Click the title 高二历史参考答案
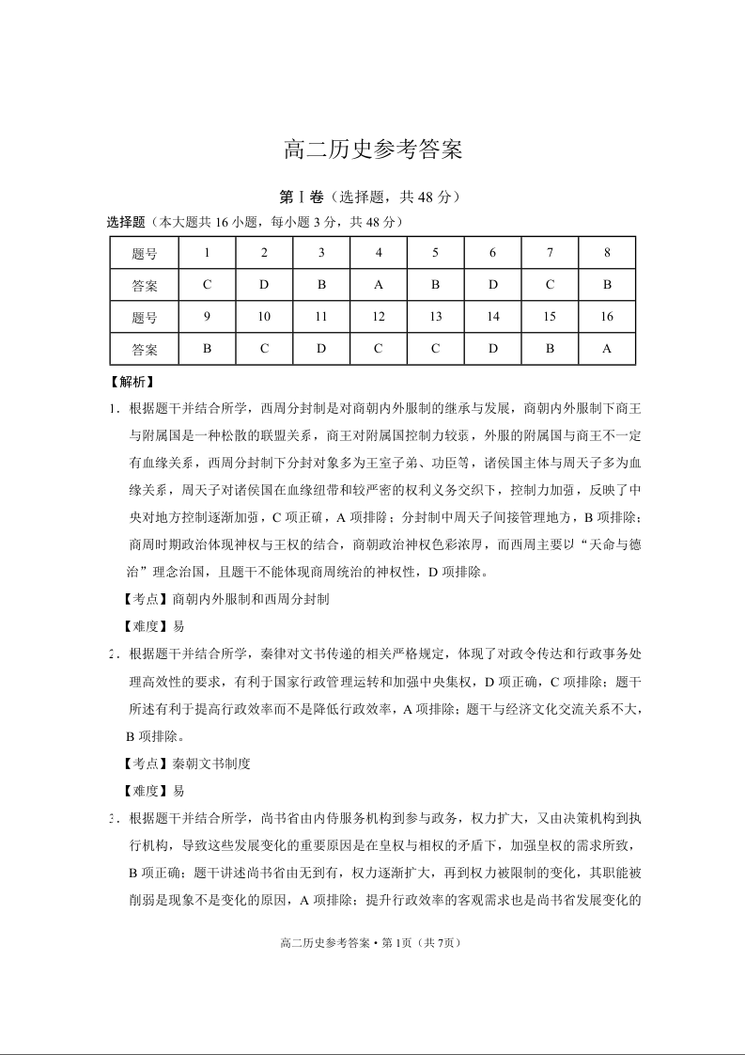(x=373, y=150)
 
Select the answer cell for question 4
(x=379, y=284)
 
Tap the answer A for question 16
(x=607, y=349)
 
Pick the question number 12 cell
(x=379, y=317)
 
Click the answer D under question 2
(x=264, y=284)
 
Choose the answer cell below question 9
(x=207, y=349)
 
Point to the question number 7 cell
(x=550, y=252)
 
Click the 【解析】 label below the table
(x=132, y=383)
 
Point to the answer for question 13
(x=436, y=349)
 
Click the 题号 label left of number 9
(x=145, y=317)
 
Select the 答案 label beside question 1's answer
(x=145, y=284)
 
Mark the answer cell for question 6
(x=493, y=284)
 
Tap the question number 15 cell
(x=550, y=317)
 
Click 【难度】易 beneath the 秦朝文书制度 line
(x=154, y=791)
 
